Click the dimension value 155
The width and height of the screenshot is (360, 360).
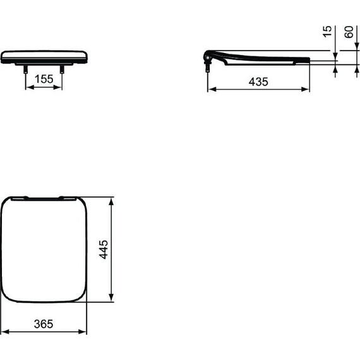pos(43,80)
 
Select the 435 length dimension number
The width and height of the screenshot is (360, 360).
pos(258,81)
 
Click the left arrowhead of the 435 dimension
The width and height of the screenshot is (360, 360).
pos(212,89)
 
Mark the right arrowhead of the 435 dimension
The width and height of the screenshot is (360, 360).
pos(306,89)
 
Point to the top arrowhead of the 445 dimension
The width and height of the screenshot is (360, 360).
pos(112,201)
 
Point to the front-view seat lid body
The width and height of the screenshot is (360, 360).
pos(44,56)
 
